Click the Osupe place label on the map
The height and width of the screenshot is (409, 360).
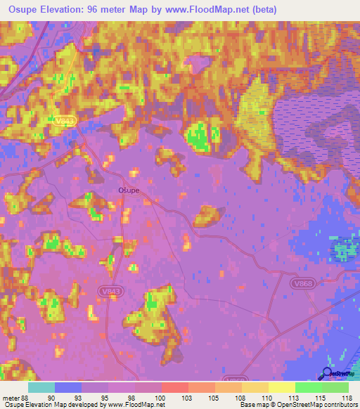128,190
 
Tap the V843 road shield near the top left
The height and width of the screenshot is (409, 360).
64,122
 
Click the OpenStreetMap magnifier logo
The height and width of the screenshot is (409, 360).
328,374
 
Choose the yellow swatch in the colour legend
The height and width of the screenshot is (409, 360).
282,387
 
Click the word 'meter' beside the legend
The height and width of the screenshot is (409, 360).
11,397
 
